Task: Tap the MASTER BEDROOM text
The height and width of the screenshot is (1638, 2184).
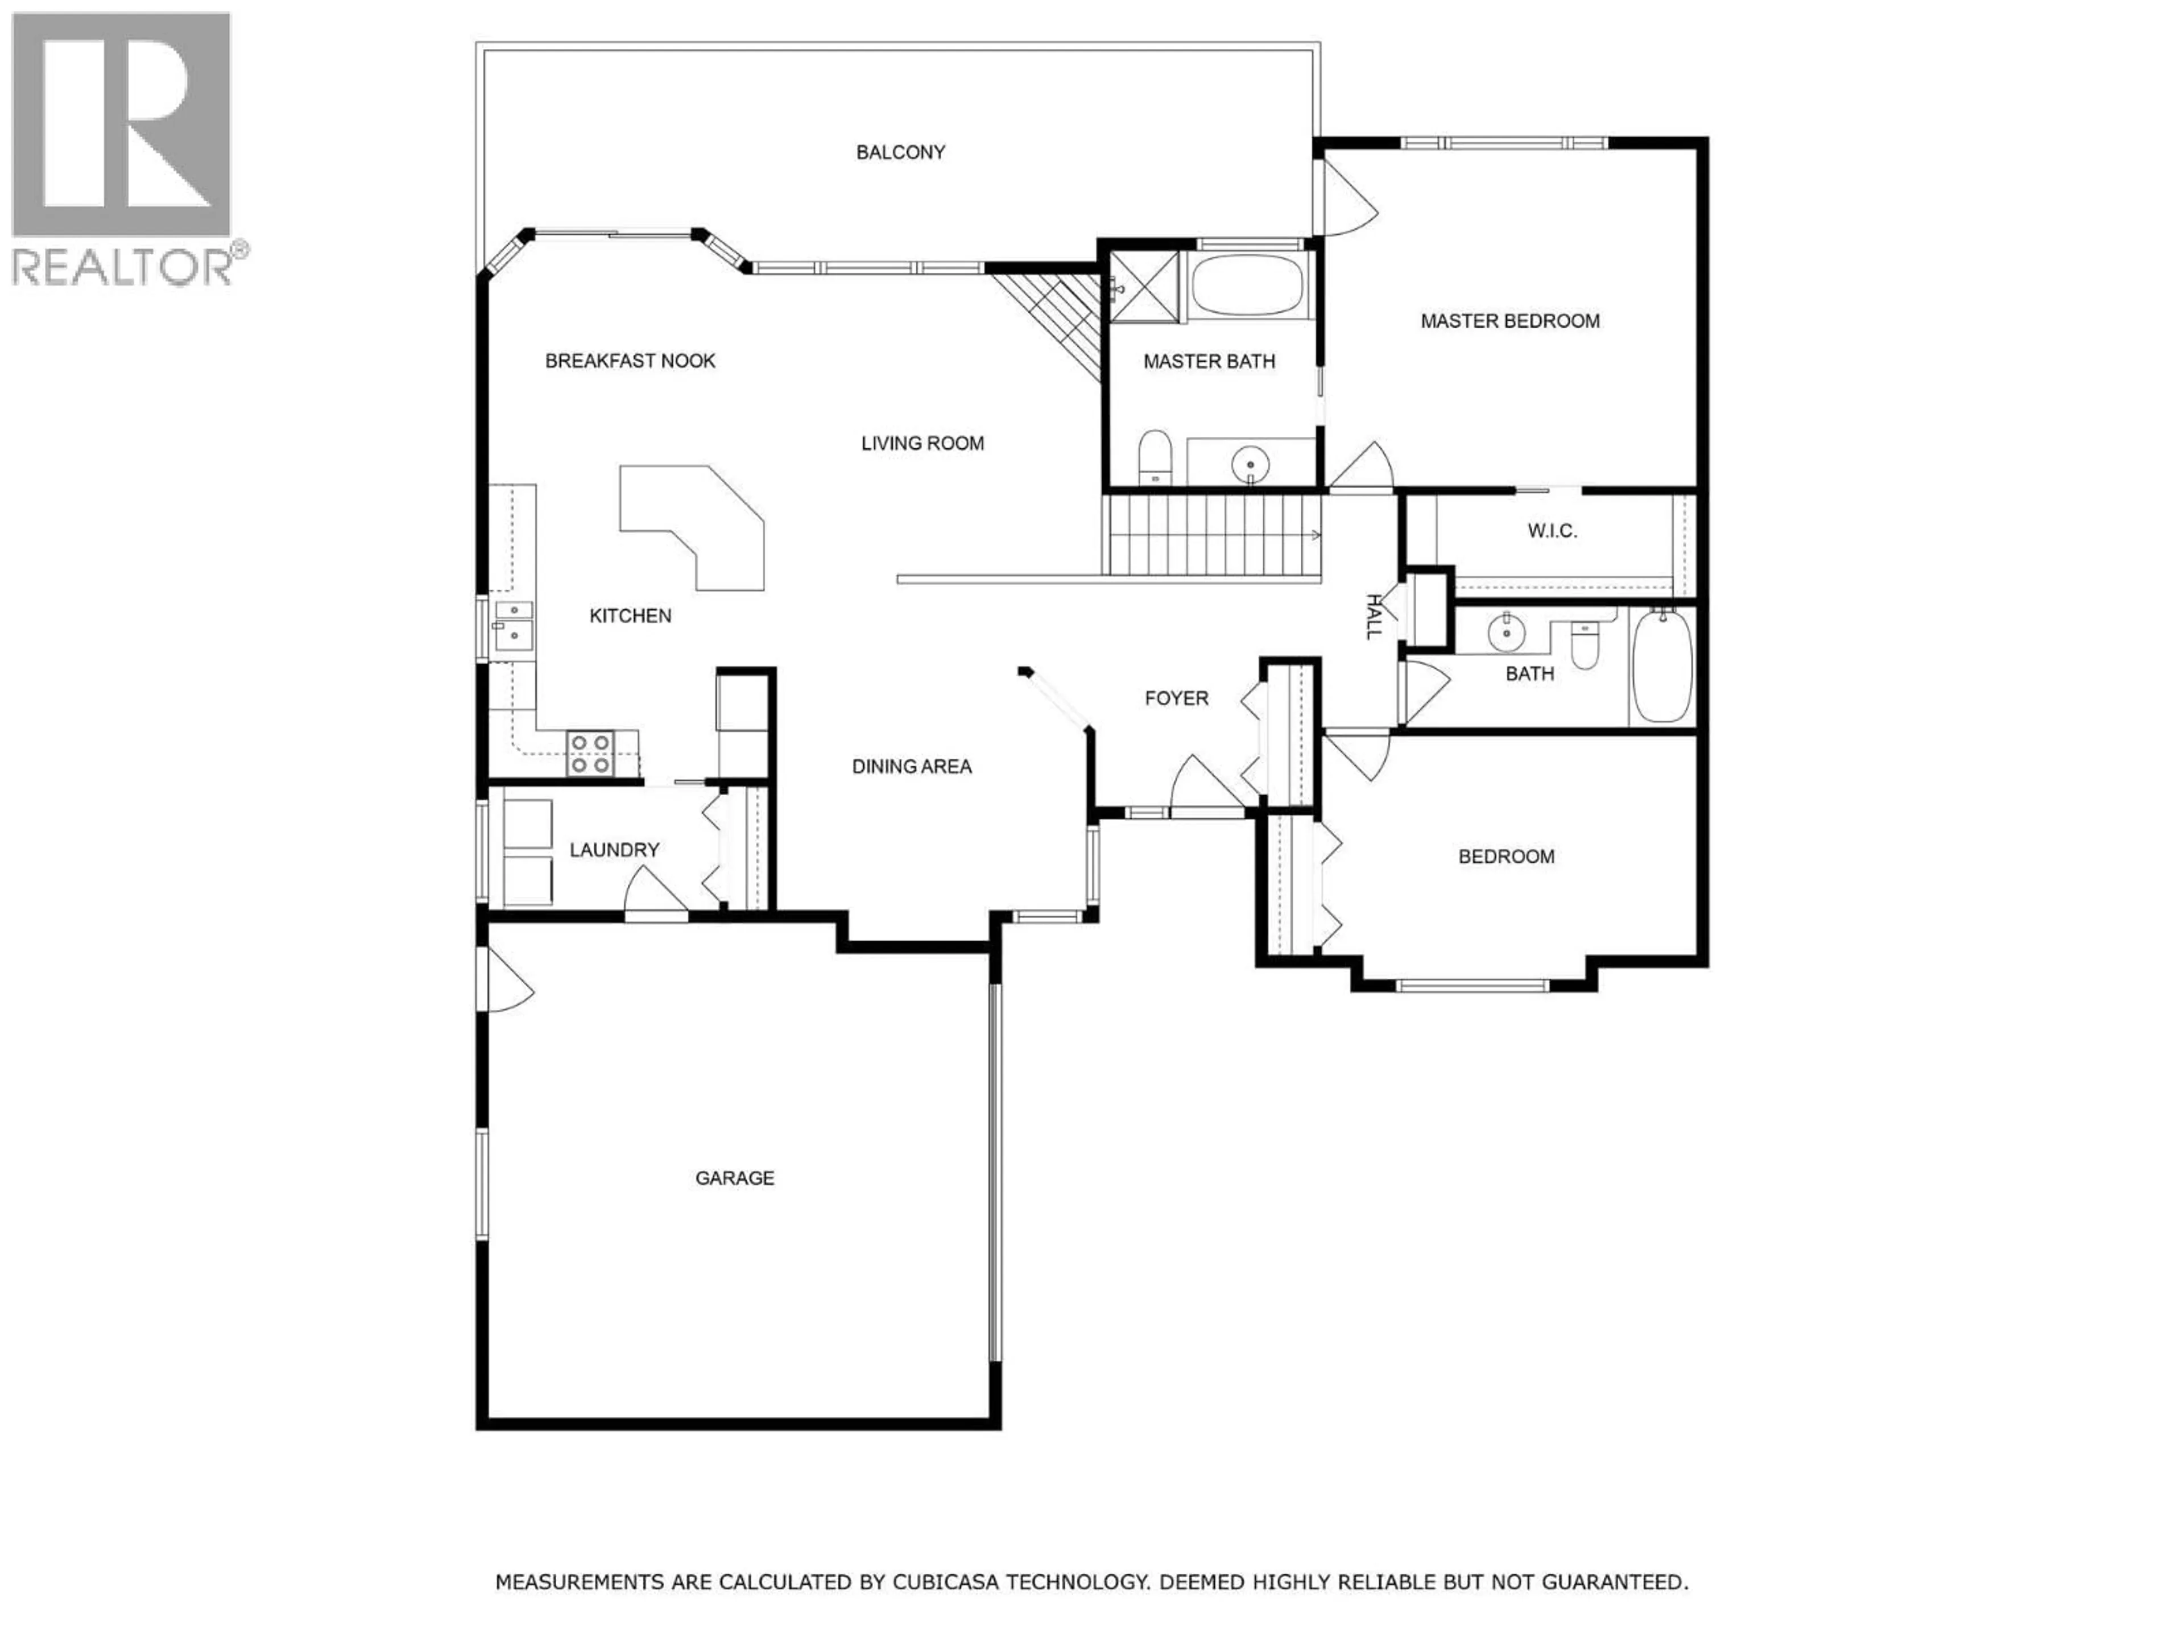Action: coord(1509,321)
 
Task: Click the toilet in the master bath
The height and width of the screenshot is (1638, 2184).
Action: coord(1153,458)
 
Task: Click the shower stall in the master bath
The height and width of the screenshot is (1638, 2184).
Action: coord(1144,286)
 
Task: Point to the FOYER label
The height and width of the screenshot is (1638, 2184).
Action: coord(1176,698)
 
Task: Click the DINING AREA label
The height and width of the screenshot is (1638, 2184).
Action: coord(911,766)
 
